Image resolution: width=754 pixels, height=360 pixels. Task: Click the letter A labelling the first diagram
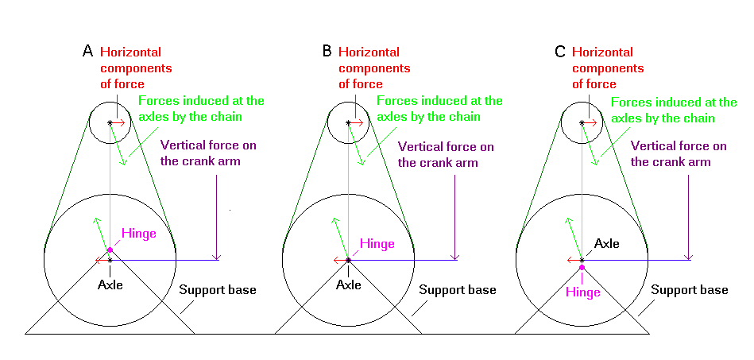coord(88,52)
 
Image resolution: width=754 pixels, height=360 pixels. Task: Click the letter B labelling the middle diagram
coord(327,52)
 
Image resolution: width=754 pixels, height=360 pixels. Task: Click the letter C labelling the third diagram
coord(560,52)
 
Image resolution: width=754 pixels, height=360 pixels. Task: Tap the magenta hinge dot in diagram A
coord(110,250)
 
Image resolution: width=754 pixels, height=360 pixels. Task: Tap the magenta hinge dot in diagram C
coord(582,268)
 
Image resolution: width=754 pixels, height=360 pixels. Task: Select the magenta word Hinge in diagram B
coord(377,244)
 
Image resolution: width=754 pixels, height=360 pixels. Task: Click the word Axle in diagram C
coord(607,244)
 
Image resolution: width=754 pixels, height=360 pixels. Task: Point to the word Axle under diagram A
coord(110,284)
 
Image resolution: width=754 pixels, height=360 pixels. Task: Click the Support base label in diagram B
coord(457,290)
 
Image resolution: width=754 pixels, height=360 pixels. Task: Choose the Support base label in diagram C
coord(690,290)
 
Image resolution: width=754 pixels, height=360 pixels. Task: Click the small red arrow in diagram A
coord(119,122)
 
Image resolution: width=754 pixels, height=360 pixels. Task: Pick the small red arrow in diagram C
coord(591,122)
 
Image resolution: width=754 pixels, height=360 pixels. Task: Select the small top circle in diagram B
coord(349,123)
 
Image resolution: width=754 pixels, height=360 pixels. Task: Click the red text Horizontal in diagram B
coord(369,52)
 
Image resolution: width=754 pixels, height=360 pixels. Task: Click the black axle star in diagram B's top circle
coord(349,122)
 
